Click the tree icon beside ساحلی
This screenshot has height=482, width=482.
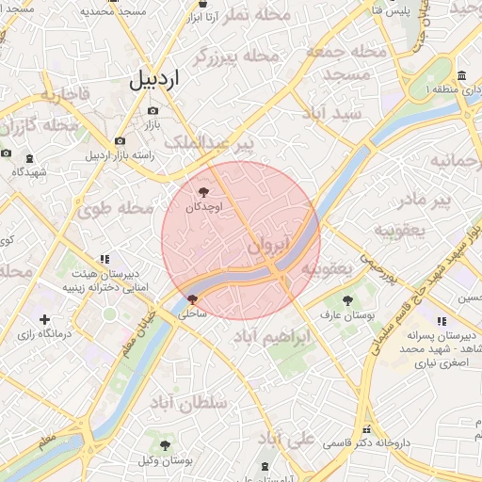tap(192, 298)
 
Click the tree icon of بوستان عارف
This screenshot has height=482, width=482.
tap(349, 302)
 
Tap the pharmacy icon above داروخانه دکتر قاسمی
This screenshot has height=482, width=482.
tap(365, 428)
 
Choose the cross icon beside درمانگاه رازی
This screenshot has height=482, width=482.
tap(44, 321)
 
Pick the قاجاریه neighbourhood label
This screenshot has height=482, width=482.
tap(63, 94)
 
